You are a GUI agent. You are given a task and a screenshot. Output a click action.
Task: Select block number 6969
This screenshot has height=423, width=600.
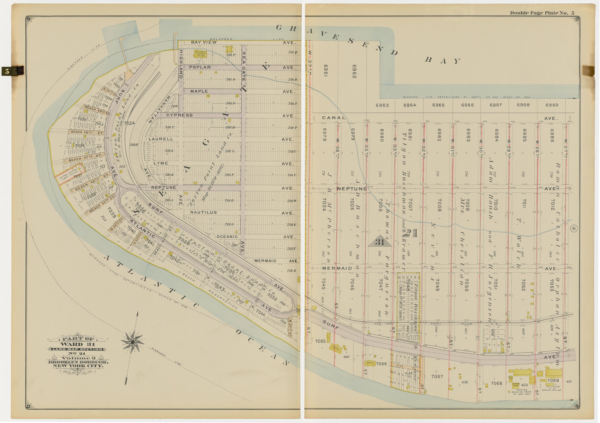coord(552,105)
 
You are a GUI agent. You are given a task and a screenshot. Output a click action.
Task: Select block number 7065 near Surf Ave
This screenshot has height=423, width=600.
coord(320,341)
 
